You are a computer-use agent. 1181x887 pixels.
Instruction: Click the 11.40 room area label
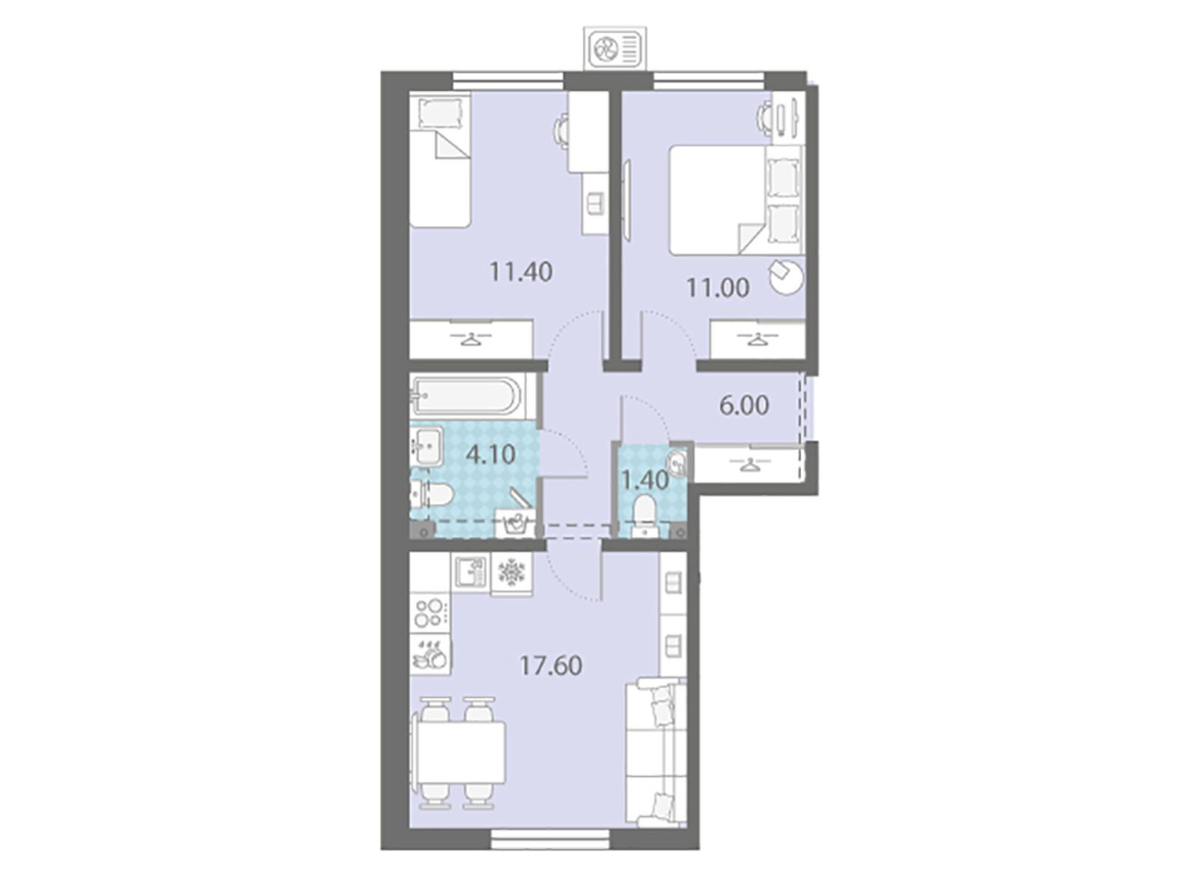coord(520,272)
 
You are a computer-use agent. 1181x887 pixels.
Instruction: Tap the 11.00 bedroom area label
coord(717,288)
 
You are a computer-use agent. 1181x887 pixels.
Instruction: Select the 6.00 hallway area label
coord(744,406)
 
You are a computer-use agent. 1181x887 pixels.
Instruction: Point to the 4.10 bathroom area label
coord(490,455)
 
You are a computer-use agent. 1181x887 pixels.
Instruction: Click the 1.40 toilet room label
coord(645,480)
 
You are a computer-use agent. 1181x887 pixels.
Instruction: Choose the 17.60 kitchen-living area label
coord(551,666)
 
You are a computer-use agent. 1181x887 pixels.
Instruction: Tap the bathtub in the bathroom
coord(466,396)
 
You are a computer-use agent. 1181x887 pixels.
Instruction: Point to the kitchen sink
coord(472,572)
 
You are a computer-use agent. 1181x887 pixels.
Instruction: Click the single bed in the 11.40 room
coord(440,159)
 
